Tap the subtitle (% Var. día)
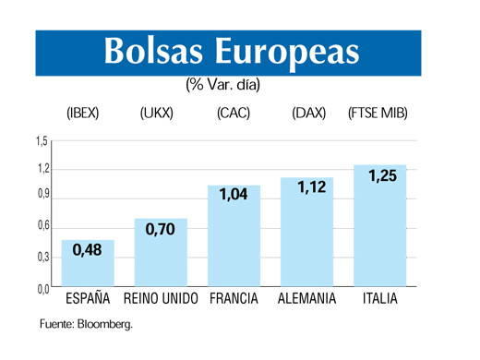point(222,85)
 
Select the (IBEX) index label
point(83,114)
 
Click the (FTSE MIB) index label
point(378,114)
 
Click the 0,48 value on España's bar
point(88,251)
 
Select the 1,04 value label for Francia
point(234,196)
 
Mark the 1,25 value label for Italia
point(382,176)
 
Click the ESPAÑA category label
point(89,300)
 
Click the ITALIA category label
point(380,300)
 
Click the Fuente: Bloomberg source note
point(86,324)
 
